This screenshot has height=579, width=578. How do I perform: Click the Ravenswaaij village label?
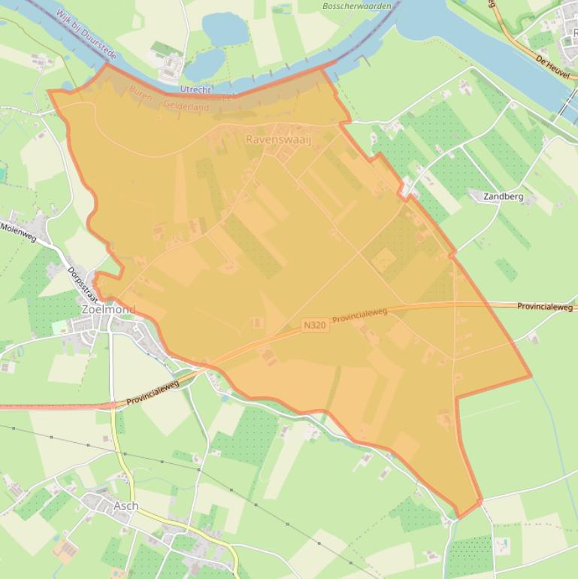[278, 140]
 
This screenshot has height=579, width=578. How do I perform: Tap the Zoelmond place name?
[108, 309]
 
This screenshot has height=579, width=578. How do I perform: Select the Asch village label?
[126, 506]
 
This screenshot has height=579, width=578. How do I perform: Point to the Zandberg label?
[502, 197]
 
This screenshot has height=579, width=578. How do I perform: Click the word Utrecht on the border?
[196, 89]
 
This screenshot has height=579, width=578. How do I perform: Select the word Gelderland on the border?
[186, 108]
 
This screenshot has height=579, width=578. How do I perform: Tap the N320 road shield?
[315, 326]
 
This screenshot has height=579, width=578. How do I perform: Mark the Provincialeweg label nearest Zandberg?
[545, 307]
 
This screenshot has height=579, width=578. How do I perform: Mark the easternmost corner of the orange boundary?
[531, 374]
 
